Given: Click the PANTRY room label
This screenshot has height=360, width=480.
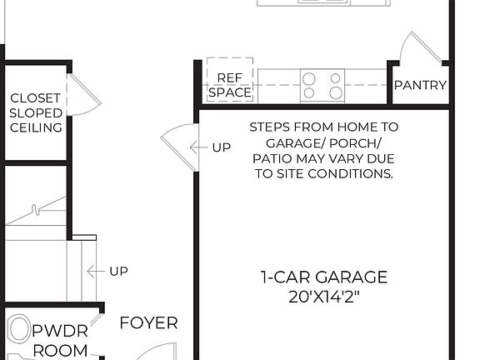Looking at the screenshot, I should click(x=420, y=85).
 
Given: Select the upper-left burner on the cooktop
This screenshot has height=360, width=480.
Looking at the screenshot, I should click(x=309, y=77).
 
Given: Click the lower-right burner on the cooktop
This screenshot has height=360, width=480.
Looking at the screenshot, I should click(x=336, y=93).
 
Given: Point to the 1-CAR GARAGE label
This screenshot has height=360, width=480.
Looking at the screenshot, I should click(x=324, y=277).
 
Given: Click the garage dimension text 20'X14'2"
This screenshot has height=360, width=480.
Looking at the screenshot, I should click(x=324, y=297).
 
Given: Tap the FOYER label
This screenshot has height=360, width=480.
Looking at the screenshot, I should click(x=148, y=323).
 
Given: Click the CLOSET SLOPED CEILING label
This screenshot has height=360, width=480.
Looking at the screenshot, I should click(x=36, y=112).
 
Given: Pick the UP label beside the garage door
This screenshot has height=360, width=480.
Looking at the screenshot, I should click(x=221, y=147).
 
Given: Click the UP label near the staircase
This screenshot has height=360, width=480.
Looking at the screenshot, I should click(x=118, y=271).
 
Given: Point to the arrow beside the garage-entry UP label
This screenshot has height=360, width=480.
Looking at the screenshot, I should click(x=198, y=147).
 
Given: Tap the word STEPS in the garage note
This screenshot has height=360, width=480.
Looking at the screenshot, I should click(x=269, y=127).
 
